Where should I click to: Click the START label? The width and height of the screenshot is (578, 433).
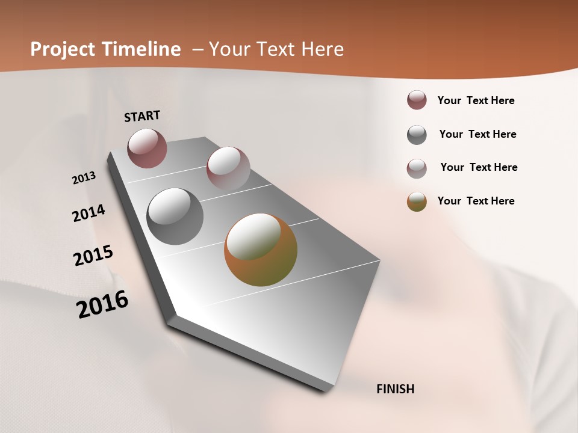tap(142, 116)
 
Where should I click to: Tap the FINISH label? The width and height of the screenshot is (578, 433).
tap(395, 389)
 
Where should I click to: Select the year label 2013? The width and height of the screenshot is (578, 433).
tap(84, 178)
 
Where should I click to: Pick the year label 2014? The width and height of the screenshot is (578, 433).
tap(89, 213)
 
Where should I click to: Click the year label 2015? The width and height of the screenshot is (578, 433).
tap(93, 256)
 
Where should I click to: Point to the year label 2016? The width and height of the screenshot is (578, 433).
tap(102, 304)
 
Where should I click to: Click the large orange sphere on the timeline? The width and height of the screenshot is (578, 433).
tap(261, 250)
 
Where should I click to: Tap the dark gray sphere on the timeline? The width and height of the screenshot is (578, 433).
tap(175, 216)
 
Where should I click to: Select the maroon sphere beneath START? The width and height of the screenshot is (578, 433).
tap(147, 148)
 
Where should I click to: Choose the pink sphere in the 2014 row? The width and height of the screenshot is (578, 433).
tap(228, 168)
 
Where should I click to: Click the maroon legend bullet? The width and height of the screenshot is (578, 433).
tap(417, 100)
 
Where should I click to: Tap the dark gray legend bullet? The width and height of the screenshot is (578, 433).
tap(417, 135)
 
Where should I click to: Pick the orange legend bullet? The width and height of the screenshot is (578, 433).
tap(417, 201)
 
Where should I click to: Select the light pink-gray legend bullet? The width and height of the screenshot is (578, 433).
tap(417, 168)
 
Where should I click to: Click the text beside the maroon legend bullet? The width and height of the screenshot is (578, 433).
tap(476, 100)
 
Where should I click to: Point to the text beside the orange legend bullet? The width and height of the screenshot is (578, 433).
tap(476, 201)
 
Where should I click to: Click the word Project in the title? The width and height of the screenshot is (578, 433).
tap(62, 49)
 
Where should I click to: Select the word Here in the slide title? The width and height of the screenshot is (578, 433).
tap(323, 49)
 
